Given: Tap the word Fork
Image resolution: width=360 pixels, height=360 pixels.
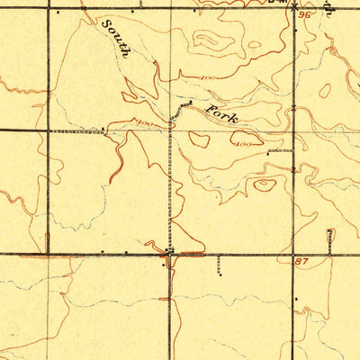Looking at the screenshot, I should point(221,113).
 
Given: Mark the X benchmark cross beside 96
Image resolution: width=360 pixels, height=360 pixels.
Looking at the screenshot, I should point(296,5).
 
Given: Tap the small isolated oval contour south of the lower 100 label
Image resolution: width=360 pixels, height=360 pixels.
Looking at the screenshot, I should point(265,185).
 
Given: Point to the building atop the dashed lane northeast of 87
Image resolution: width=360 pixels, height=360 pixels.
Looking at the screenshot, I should point(329,232).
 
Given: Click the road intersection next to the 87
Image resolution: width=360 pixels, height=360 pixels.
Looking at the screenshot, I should point(295,254).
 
